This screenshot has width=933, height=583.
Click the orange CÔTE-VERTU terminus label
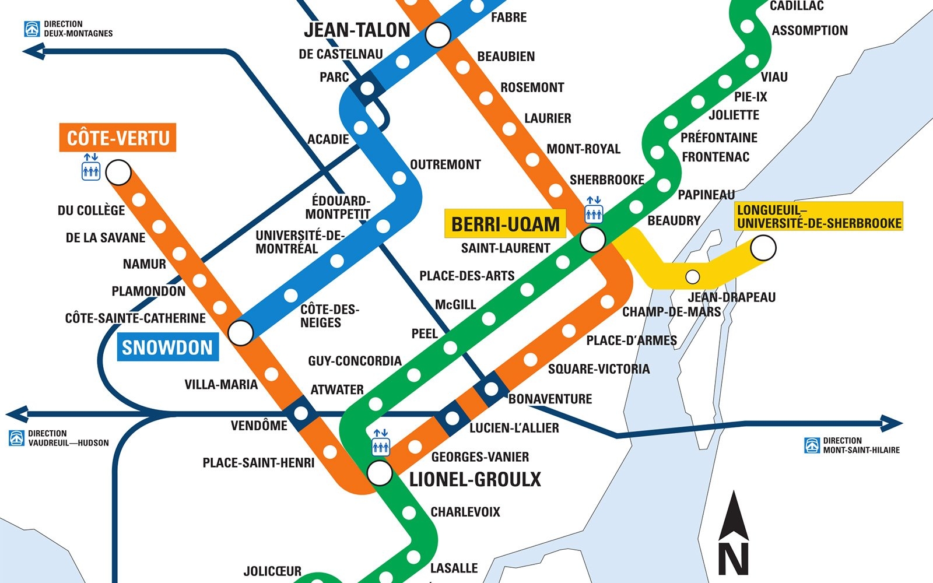point(118,138)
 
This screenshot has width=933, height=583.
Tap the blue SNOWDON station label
point(167,347)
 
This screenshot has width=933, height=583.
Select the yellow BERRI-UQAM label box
point(505,224)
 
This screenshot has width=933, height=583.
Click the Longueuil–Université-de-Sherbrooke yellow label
point(819,216)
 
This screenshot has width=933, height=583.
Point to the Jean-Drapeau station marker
point(692,276)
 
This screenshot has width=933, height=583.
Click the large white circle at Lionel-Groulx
point(380,473)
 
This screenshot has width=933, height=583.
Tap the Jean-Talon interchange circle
point(438,35)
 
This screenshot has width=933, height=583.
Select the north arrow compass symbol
point(733,533)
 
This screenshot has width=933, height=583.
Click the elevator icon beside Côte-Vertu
point(90,167)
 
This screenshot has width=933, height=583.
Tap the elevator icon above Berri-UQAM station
point(594,210)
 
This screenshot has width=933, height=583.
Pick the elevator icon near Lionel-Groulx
point(380,442)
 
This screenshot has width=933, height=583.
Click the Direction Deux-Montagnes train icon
point(32,29)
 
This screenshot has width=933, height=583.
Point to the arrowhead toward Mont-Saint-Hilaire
point(892,423)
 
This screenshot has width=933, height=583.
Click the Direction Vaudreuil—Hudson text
point(68,438)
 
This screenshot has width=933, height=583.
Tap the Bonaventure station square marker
point(490,389)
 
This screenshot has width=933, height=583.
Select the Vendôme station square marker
point(301,413)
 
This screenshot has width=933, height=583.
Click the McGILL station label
point(455,304)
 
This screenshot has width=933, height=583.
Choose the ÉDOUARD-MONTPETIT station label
point(338,208)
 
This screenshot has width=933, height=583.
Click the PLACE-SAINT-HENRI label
point(258,463)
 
